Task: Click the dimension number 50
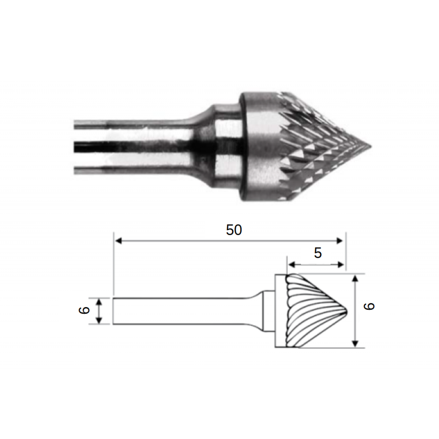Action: click(x=234, y=230)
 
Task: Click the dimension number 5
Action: click(x=318, y=253)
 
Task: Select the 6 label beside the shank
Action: click(x=84, y=310)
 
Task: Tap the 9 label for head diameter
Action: click(x=369, y=306)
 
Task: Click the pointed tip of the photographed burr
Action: click(x=371, y=146)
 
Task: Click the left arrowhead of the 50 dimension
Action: click(x=119, y=241)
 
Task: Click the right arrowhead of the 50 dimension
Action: click(x=339, y=241)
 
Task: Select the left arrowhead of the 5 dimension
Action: click(x=292, y=264)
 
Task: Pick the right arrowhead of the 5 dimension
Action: click(x=340, y=264)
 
